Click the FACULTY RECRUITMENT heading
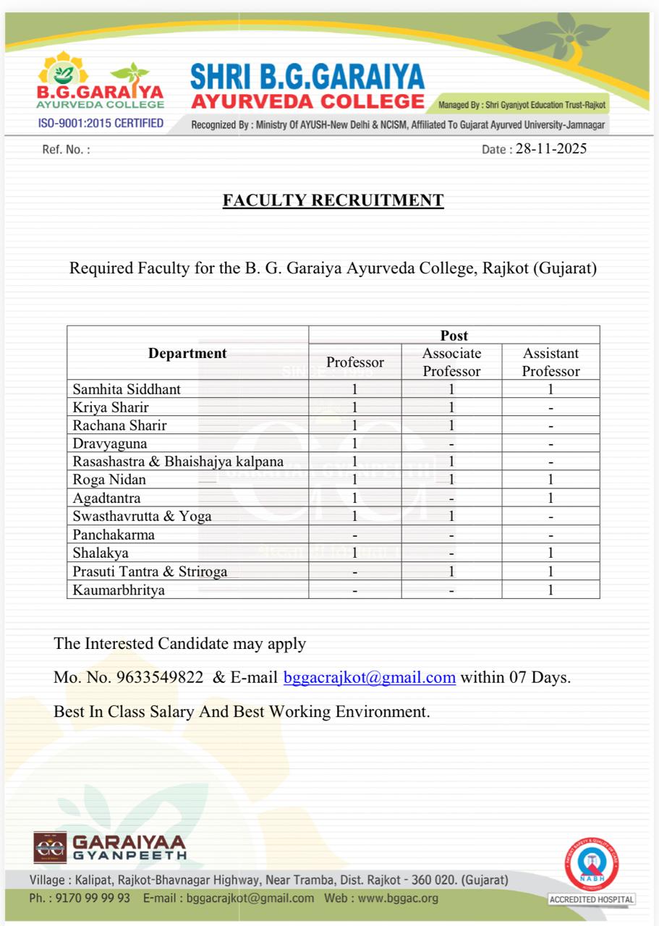333,200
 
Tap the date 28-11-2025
551,149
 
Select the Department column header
187,354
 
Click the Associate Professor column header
451,362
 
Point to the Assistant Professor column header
550,362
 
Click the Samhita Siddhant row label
127,389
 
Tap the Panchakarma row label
114,535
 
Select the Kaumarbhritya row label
119,590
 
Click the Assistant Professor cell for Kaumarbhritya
550,590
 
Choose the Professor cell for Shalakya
355,553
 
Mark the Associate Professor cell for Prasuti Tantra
451,572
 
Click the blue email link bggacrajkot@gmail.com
370,678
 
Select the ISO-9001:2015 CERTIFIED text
101,124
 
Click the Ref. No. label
66,150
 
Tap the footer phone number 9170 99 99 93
91,899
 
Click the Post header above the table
454,336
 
